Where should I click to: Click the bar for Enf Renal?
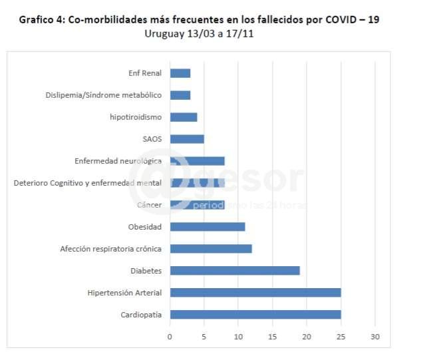pos(180,73)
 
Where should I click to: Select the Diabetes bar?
pos(235,270)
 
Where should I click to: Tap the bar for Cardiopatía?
pos(255,314)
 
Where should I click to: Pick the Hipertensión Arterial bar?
pos(255,292)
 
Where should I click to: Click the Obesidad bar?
pos(208,226)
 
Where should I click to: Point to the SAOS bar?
pos(187,139)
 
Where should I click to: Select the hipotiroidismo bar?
pos(184,117)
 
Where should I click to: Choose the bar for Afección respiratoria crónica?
pos(211,248)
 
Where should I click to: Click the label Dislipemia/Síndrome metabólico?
pos(104,95)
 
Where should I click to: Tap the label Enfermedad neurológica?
pos(118,161)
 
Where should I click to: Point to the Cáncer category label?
pos(149,205)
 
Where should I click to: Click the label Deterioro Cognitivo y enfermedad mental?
pos(88,183)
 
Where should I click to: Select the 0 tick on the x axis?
pos(170,337)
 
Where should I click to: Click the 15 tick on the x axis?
pos(273,337)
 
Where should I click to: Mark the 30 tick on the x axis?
pos(375,337)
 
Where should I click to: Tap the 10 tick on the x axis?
pos(238,337)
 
